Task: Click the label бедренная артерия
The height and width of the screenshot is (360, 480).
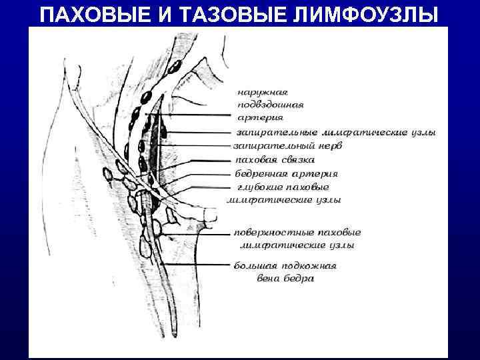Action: [x=280, y=173]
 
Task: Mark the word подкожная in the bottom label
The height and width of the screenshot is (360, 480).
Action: [x=307, y=266]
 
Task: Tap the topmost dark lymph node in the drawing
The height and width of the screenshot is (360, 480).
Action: [x=175, y=67]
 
